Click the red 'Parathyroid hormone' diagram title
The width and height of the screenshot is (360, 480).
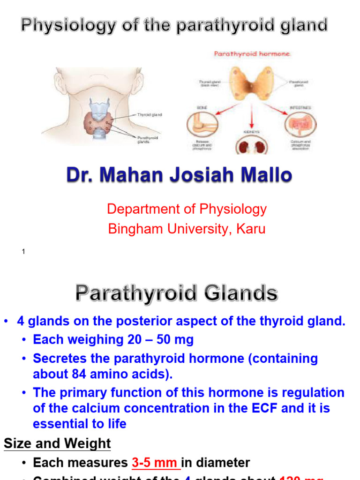[x=252, y=54]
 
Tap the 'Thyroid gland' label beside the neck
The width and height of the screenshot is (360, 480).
[x=150, y=114]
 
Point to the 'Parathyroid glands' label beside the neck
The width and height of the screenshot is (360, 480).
[x=148, y=139]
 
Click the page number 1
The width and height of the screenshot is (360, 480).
[x=23, y=252]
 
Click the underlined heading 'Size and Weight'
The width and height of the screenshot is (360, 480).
[x=57, y=443]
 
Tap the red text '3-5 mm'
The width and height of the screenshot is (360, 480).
[x=155, y=463]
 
